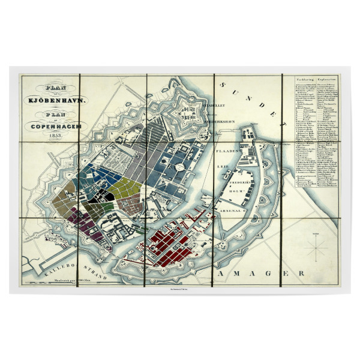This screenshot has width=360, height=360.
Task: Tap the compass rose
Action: pos(316,247)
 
